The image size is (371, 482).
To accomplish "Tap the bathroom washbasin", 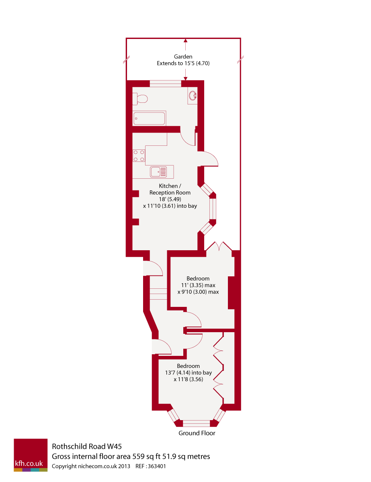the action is click(x=193, y=96).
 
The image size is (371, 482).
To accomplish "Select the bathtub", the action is click(x=149, y=119).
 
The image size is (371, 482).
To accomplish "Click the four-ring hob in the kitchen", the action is click(x=139, y=156).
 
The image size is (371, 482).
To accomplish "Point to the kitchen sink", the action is click(x=158, y=172).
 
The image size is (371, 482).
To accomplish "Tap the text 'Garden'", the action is click(x=183, y=57).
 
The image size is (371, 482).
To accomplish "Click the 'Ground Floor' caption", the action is click(x=197, y=433).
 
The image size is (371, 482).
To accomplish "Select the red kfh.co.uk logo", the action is click(x=31, y=455).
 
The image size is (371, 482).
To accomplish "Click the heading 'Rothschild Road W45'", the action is click(x=87, y=446).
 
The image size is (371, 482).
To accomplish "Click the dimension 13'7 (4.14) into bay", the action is click(x=189, y=372).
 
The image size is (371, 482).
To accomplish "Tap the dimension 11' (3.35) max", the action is click(x=198, y=285).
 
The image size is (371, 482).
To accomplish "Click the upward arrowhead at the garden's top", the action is click(x=185, y=40).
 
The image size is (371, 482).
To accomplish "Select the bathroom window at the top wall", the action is click(x=165, y=84).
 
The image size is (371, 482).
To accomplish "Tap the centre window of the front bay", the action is click(x=197, y=423).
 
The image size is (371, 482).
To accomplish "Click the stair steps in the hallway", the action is click(x=159, y=294).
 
